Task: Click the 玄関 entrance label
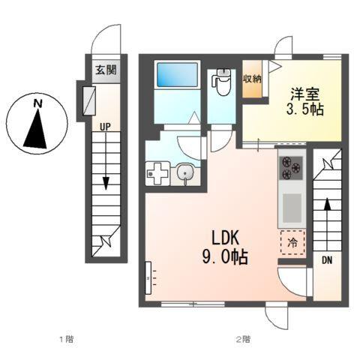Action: (106, 71)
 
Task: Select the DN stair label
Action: (327, 260)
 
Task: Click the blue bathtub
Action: (177, 76)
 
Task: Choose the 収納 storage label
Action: (251, 79)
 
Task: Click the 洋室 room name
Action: (306, 94)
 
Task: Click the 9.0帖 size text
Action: (224, 256)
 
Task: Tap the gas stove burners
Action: (290, 169)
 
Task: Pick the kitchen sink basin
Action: (291, 205)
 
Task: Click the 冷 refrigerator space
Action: (292, 242)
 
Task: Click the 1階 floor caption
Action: (66, 339)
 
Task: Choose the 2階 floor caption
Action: (242, 339)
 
